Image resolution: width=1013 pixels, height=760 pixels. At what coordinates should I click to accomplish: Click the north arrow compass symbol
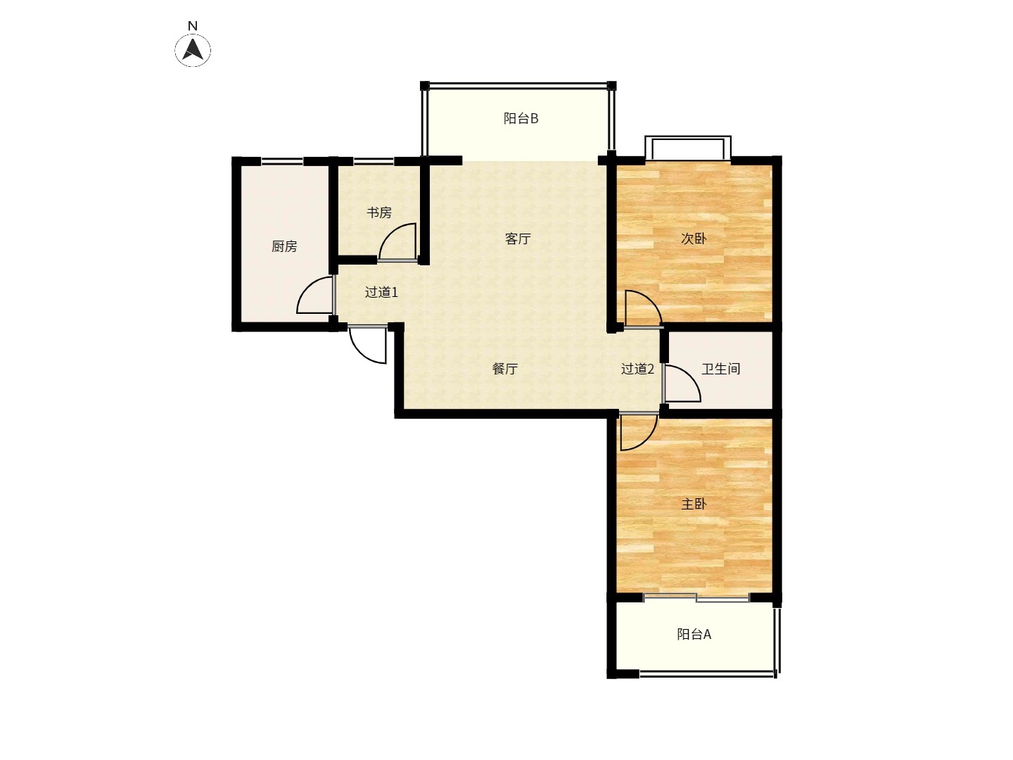pos(193,50)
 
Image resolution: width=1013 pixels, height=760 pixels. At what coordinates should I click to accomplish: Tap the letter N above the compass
pos(193,26)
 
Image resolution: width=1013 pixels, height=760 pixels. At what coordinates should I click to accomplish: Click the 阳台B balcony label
pos(521,119)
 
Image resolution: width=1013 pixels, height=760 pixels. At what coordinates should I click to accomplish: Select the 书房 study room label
pos(379,213)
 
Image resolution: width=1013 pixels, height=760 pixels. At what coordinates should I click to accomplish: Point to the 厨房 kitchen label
pos(283,246)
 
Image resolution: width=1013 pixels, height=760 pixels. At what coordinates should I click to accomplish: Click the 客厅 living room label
pos(517,239)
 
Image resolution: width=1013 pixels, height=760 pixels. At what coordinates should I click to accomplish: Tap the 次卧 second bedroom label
pos(694,239)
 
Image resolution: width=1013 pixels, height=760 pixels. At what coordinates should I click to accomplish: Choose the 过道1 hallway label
pos(381,292)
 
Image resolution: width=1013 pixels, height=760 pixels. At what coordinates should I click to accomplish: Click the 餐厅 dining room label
pos(504,369)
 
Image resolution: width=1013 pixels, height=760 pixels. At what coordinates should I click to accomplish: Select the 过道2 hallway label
pos(637,369)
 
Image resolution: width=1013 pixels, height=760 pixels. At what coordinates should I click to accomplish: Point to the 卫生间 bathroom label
pos(720,369)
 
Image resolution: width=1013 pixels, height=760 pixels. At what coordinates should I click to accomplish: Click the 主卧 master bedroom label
pos(694,505)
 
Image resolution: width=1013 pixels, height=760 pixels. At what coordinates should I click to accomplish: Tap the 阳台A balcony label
pos(694,635)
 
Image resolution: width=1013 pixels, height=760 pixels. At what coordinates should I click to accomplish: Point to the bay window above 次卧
pos(687,148)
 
